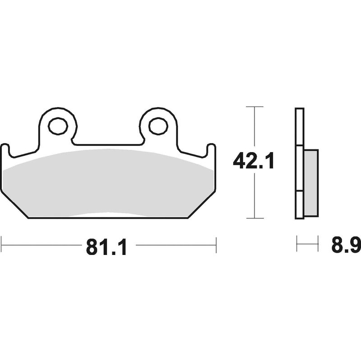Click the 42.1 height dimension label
pos(254,161)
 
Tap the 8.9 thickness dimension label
pos(346,246)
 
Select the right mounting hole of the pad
pos(158,126)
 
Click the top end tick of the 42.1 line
pos(255,107)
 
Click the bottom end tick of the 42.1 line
pos(255,218)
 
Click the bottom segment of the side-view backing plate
pos(300,205)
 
